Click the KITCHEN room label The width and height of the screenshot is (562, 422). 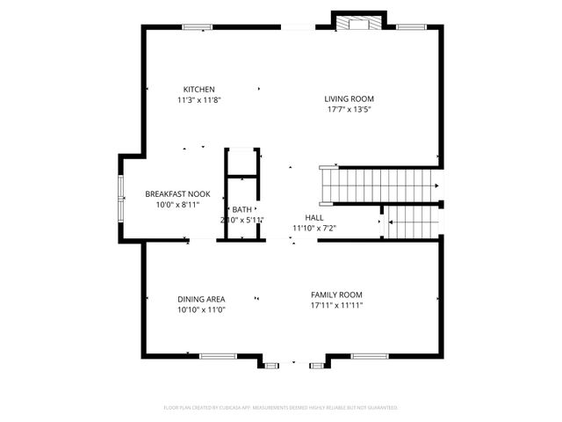tap(198, 89)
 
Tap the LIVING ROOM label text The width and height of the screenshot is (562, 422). tap(349, 98)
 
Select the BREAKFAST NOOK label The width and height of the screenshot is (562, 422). tap(177, 193)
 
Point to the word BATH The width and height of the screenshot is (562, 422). tap(241, 209)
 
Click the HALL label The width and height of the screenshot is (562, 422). tap(314, 217)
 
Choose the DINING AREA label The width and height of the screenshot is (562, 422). tap(201, 299)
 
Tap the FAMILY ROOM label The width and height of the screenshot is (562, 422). tap(336, 295)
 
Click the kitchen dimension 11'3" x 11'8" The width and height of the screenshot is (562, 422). tap(198, 100)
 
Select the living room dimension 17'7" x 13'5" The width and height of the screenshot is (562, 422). tap(349, 110)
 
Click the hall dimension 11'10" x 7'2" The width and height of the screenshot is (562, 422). tap(314, 229)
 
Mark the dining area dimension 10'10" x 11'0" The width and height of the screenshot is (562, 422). tap(201, 310)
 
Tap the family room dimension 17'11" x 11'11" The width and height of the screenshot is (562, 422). tap(336, 306)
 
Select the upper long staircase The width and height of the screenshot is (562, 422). tap(383, 186)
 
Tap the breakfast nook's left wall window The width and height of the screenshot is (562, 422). tap(121, 198)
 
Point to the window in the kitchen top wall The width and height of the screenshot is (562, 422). tap(198, 27)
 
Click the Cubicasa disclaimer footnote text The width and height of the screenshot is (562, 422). tap(281, 408)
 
